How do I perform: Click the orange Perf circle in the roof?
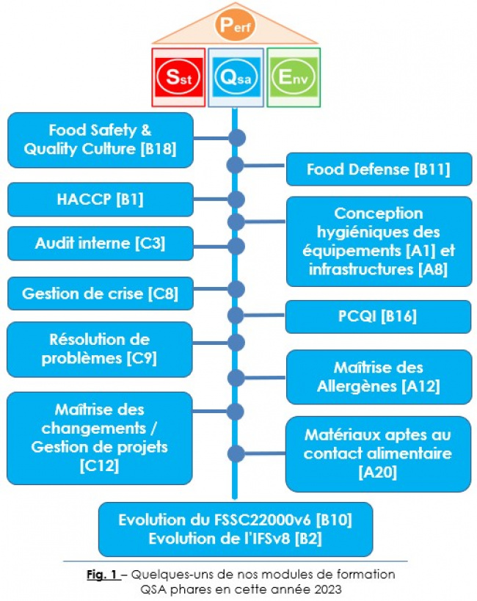click(236, 25)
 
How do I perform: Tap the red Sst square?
click(178, 77)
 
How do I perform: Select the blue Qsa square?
click(236, 77)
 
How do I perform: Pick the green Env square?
click(294, 77)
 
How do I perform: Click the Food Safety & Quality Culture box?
click(101, 140)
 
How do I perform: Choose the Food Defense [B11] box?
click(379, 169)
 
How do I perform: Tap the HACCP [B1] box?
click(101, 200)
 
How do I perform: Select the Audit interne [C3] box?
click(101, 244)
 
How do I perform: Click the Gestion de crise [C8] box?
click(101, 294)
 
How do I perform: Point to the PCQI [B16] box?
click(378, 316)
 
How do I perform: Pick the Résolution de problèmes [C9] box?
click(100, 349)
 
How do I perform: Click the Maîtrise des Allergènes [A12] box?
click(379, 377)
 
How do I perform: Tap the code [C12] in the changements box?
click(99, 466)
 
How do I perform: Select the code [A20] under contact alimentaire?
click(378, 472)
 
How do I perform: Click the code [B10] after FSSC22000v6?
click(334, 520)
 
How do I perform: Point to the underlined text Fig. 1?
click(103, 575)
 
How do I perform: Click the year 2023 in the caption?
click(326, 589)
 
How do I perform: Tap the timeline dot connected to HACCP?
click(236, 200)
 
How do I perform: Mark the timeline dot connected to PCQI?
click(236, 316)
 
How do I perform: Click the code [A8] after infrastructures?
click(432, 269)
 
